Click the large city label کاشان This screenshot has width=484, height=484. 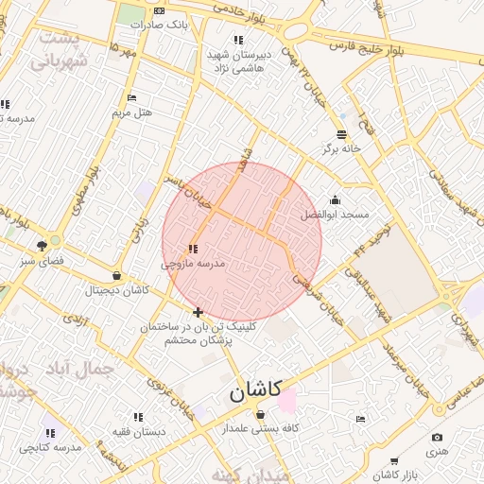coord(255,389)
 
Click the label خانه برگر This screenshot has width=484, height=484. coord(342,148)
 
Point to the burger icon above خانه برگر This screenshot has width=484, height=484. coord(341,133)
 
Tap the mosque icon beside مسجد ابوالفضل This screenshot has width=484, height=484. coord(335,200)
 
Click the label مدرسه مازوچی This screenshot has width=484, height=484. coord(194,264)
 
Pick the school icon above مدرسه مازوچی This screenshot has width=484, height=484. coord(193,248)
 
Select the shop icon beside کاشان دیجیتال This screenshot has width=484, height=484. coord(116,276)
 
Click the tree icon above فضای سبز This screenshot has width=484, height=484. coord(42,245)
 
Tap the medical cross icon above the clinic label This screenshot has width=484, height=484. coord(198,311)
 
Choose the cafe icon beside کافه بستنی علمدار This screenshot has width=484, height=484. coord(260,414)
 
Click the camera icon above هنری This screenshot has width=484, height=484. coord(437,437)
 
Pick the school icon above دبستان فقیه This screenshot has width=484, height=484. coord(138,416)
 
